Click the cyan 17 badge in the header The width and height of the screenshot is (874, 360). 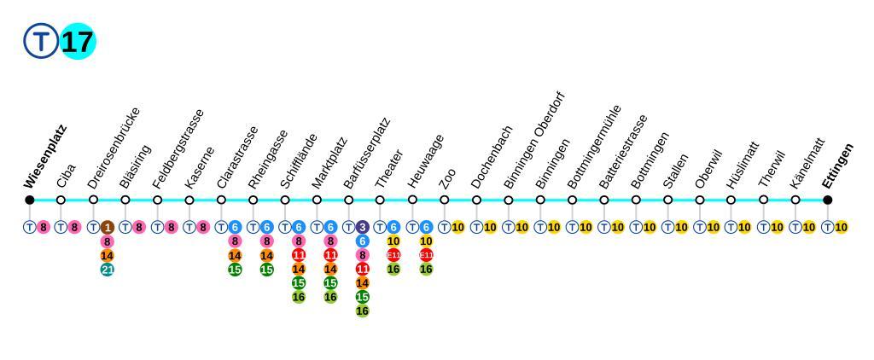click(78, 42)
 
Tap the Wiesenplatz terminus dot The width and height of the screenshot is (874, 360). click(29, 200)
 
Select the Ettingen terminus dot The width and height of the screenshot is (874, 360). click(827, 200)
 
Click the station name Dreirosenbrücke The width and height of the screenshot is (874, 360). click(114, 148)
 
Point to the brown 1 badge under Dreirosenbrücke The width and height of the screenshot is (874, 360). click(108, 227)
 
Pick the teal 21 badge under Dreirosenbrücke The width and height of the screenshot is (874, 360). click(108, 270)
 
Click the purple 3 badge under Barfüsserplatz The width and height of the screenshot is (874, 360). click(363, 227)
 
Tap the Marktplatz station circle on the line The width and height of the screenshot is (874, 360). click(317, 200)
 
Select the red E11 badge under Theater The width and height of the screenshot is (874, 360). click(393, 255)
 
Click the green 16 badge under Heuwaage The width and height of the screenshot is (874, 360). click(426, 270)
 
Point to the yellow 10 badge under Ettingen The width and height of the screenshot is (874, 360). click(842, 227)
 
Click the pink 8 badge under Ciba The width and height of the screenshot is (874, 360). click(75, 227)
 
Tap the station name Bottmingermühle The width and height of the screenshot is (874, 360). click(596, 147)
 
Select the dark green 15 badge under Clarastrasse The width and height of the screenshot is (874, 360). click(235, 270)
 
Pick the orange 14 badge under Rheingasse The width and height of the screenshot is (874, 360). click(266, 255)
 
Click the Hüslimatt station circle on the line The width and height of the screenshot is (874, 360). click(731, 200)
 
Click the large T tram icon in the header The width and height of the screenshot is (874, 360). click(40, 42)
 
